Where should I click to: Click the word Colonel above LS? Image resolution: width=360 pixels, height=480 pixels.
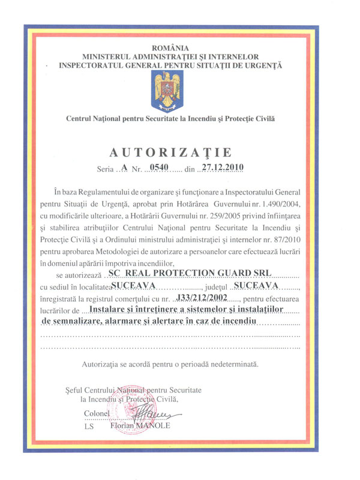tap(97, 414)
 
